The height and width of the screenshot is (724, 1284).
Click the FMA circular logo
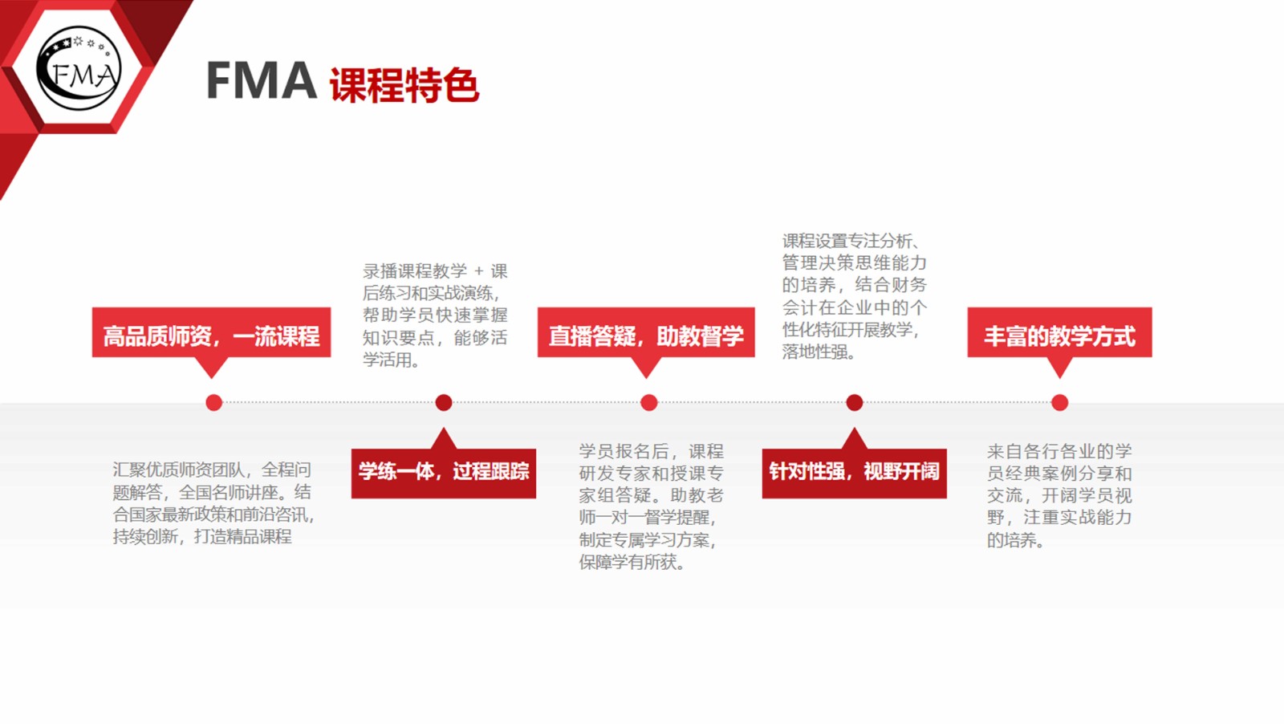[x=79, y=68]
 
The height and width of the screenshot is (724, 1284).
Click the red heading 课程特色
[x=404, y=85]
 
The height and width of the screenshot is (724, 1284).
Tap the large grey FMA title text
[x=261, y=80]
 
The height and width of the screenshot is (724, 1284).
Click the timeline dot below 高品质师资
[x=213, y=402]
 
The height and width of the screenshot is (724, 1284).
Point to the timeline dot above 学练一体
[x=444, y=402]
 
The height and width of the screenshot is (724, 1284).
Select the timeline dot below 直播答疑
[x=649, y=402]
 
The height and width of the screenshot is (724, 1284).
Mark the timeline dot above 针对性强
[x=854, y=402]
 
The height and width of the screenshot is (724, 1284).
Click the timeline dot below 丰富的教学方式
[x=1059, y=402]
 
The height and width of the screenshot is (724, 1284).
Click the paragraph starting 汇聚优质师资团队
[x=213, y=502]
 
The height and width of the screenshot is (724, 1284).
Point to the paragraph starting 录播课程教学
[x=434, y=315]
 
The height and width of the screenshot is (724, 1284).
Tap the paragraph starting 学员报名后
[x=651, y=506]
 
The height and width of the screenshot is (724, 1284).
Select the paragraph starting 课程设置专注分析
[x=854, y=296]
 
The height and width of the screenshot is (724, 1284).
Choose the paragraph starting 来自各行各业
[x=1059, y=495]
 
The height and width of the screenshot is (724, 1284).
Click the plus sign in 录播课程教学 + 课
[x=478, y=271]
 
